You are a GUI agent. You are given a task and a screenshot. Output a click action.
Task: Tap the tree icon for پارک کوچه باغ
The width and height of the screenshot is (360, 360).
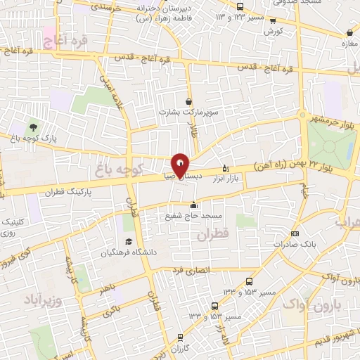pyautogui.click(x=33, y=127)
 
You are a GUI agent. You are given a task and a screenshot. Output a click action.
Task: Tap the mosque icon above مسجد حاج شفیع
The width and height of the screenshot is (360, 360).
pyautogui.click(x=194, y=205)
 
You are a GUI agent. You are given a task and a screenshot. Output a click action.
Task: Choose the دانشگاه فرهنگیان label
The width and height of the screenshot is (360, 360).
pyautogui.click(x=149, y=252)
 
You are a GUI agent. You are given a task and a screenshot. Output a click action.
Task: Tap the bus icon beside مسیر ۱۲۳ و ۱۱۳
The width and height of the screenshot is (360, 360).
pyautogui.click(x=240, y=6)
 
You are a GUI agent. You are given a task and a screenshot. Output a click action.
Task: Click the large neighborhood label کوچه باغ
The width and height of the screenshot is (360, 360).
pyautogui.click(x=120, y=169)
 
